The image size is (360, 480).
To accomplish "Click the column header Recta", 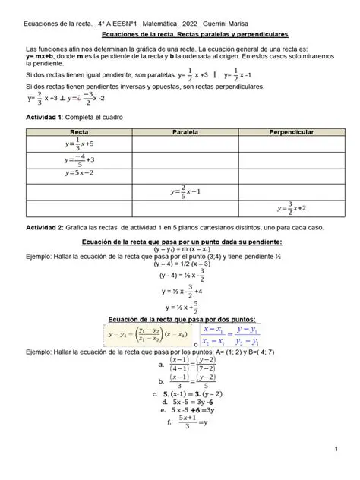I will (x=79, y=132).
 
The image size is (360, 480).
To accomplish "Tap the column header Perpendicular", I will (x=291, y=132).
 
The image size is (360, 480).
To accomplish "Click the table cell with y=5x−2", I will (x=79, y=173).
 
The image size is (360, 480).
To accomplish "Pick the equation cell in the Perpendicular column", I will (x=291, y=207).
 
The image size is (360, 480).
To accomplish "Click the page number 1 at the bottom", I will (x=335, y=451).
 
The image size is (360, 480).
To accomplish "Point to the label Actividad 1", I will (x=43, y=118).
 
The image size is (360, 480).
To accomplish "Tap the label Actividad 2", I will (x=43, y=228).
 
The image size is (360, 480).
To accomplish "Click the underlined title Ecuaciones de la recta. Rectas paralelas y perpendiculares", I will (x=179, y=35).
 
